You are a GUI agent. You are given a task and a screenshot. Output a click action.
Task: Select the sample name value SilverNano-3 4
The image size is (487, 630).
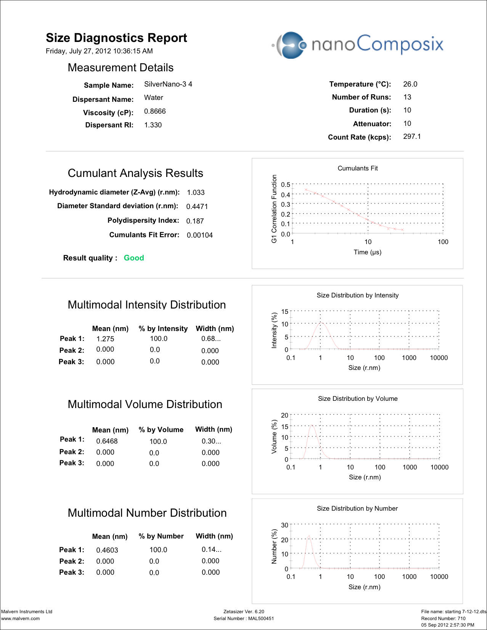[x=168, y=84]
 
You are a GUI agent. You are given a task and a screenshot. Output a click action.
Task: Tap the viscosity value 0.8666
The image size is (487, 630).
[x=155, y=111]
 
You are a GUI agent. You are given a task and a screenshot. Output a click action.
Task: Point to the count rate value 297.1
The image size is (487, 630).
[x=412, y=137]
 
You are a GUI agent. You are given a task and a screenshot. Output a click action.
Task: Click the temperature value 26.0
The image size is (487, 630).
[x=410, y=84]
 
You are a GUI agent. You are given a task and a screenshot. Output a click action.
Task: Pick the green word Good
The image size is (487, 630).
[x=134, y=258]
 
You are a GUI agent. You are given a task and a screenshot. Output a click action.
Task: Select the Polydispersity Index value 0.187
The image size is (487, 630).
[x=195, y=221]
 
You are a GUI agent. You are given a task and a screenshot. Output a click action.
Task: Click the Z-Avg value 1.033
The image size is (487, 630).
[x=196, y=193]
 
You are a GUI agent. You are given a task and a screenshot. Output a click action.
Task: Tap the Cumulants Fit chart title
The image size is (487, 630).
[x=357, y=168]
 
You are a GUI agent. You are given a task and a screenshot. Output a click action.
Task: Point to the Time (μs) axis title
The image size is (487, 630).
[x=367, y=252]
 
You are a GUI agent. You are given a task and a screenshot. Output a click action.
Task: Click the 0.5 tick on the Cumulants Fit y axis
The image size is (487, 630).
[x=285, y=185]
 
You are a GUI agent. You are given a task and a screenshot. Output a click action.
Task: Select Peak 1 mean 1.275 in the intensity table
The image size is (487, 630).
[x=105, y=339]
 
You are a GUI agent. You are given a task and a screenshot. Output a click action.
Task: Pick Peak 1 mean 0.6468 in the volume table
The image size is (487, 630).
[x=107, y=441]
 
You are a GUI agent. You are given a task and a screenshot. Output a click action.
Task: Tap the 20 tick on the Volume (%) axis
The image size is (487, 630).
[x=284, y=415]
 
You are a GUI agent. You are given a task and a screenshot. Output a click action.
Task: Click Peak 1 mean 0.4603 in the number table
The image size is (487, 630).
[x=107, y=550]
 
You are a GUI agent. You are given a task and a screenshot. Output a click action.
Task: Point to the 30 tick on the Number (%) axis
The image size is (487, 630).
[x=284, y=525]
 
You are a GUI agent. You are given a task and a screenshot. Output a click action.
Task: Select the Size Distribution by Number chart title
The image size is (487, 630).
[x=357, y=508]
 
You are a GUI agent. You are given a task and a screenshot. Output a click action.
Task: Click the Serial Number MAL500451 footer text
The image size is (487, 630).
[x=244, y=619]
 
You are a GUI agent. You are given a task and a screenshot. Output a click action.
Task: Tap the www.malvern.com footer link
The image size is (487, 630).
[x=21, y=619]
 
